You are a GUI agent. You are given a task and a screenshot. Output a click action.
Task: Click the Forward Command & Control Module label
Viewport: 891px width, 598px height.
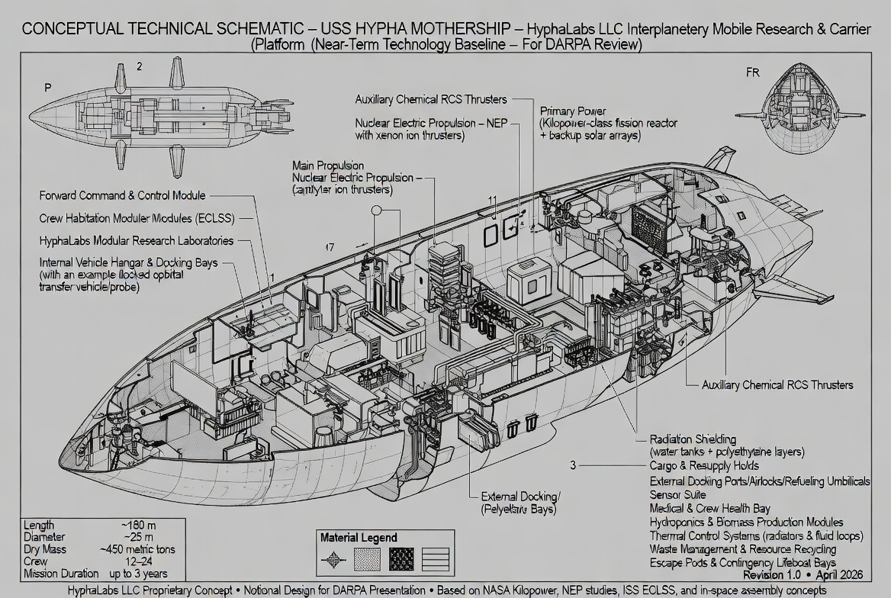[122, 196]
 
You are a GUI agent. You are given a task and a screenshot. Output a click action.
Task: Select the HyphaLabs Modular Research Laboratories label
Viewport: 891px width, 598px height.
[137, 240]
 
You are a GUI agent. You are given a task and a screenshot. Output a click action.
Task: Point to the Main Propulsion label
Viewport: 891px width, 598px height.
[328, 166]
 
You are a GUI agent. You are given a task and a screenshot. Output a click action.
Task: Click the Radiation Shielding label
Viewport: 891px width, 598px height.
[693, 439]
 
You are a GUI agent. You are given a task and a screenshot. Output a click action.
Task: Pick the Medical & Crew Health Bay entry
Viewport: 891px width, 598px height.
[709, 508]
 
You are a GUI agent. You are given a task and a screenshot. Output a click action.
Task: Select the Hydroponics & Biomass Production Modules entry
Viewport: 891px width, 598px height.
[746, 522]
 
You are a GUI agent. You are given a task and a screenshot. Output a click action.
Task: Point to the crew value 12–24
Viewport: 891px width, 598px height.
[138, 561]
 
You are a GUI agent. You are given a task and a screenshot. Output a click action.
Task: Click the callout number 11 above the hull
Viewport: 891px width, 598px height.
[493, 201]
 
